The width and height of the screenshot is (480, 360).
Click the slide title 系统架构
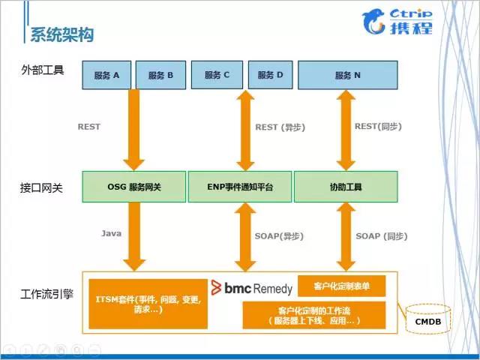point(61,34)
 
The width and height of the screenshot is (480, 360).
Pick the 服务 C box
point(216,75)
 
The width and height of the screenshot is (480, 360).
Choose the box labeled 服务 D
point(270,75)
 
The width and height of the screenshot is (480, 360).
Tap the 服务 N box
point(347,75)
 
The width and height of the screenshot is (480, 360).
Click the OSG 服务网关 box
point(133,187)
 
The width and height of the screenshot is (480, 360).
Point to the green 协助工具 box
point(345,187)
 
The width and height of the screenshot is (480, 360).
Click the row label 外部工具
point(43,70)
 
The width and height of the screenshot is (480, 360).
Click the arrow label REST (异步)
point(280,127)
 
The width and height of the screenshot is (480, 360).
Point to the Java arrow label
point(111,234)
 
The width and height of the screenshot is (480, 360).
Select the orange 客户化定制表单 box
point(341,286)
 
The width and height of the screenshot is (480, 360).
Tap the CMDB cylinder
point(428,319)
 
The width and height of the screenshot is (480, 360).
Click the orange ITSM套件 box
point(148,304)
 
